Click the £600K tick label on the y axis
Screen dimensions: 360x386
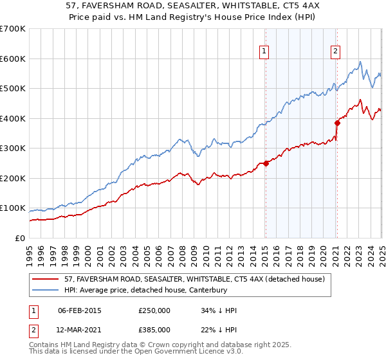[13, 59]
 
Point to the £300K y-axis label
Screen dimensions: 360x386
[13, 148]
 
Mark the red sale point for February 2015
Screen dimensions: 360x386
[266, 163]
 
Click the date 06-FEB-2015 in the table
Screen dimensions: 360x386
[80, 311]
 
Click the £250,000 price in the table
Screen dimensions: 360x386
[154, 311]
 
